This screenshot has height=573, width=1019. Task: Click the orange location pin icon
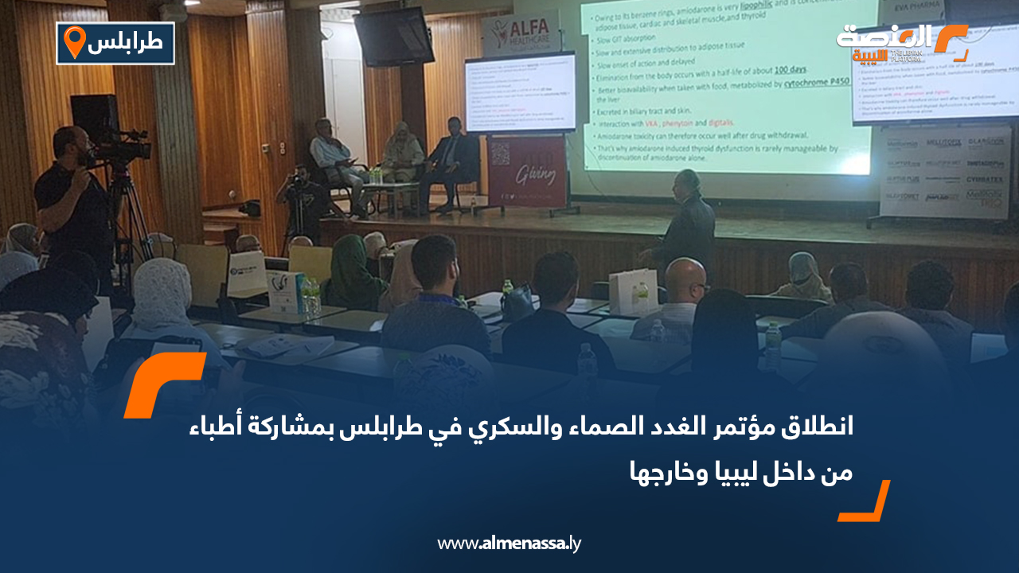tap(74, 42)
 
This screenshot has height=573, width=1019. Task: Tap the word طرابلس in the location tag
tap(130, 44)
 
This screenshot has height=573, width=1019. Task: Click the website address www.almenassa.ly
tap(509, 544)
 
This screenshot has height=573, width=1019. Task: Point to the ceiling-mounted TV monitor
tap(394, 37)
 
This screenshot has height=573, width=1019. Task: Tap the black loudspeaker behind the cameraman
tap(95, 119)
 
